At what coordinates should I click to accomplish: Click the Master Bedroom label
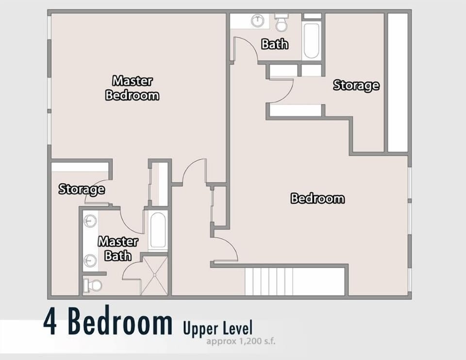click(x=132, y=88)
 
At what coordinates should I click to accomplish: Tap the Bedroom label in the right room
click(x=317, y=198)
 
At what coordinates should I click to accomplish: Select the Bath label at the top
click(x=275, y=44)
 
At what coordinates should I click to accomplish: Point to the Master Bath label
click(x=118, y=248)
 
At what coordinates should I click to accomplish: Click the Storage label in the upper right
click(x=356, y=85)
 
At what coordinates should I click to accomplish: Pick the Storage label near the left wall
click(x=82, y=189)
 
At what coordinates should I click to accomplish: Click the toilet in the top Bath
click(x=281, y=23)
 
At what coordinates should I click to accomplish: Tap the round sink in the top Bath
click(x=257, y=20)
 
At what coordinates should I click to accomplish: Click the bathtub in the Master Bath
click(x=158, y=230)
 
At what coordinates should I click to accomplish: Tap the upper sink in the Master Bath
click(x=90, y=221)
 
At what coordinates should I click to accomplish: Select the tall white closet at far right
click(x=398, y=82)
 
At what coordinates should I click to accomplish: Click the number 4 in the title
click(x=50, y=321)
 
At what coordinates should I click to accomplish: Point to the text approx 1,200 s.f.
click(x=241, y=341)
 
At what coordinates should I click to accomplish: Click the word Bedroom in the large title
click(x=120, y=321)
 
